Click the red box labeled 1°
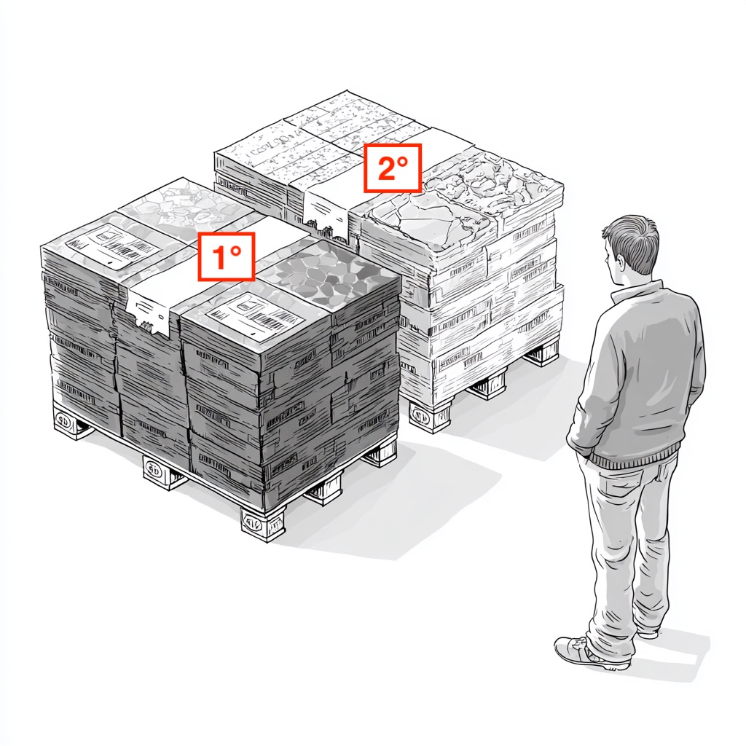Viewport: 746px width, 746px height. [x=226, y=256]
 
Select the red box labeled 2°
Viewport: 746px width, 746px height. [x=393, y=168]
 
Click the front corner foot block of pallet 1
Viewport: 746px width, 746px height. [x=262, y=523]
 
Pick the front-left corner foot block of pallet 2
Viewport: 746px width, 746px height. [x=431, y=416]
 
